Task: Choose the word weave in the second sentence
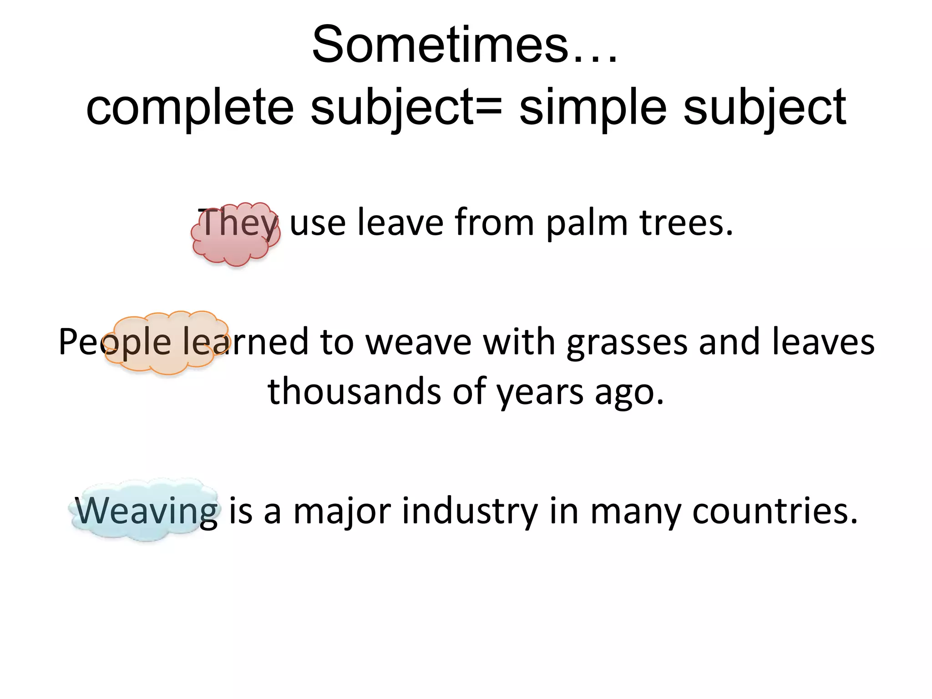(419, 343)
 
